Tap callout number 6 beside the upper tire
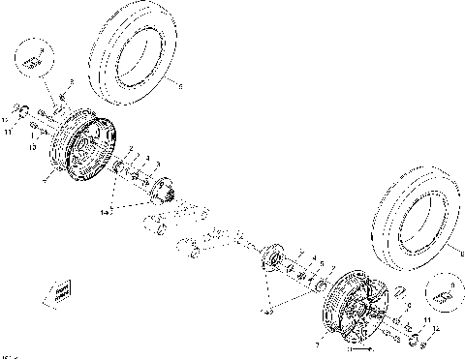(180, 85)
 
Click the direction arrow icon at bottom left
(58, 289)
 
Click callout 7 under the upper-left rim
(46, 178)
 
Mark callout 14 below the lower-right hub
(267, 311)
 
